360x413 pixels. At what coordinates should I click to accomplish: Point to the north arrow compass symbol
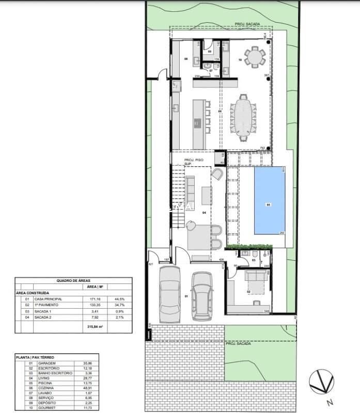point(321,383)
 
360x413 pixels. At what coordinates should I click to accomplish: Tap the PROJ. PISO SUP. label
point(194,162)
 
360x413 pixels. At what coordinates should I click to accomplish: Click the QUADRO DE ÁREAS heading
point(73,280)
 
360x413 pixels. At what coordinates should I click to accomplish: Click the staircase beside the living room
point(178,196)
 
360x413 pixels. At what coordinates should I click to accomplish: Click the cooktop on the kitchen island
point(197,123)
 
